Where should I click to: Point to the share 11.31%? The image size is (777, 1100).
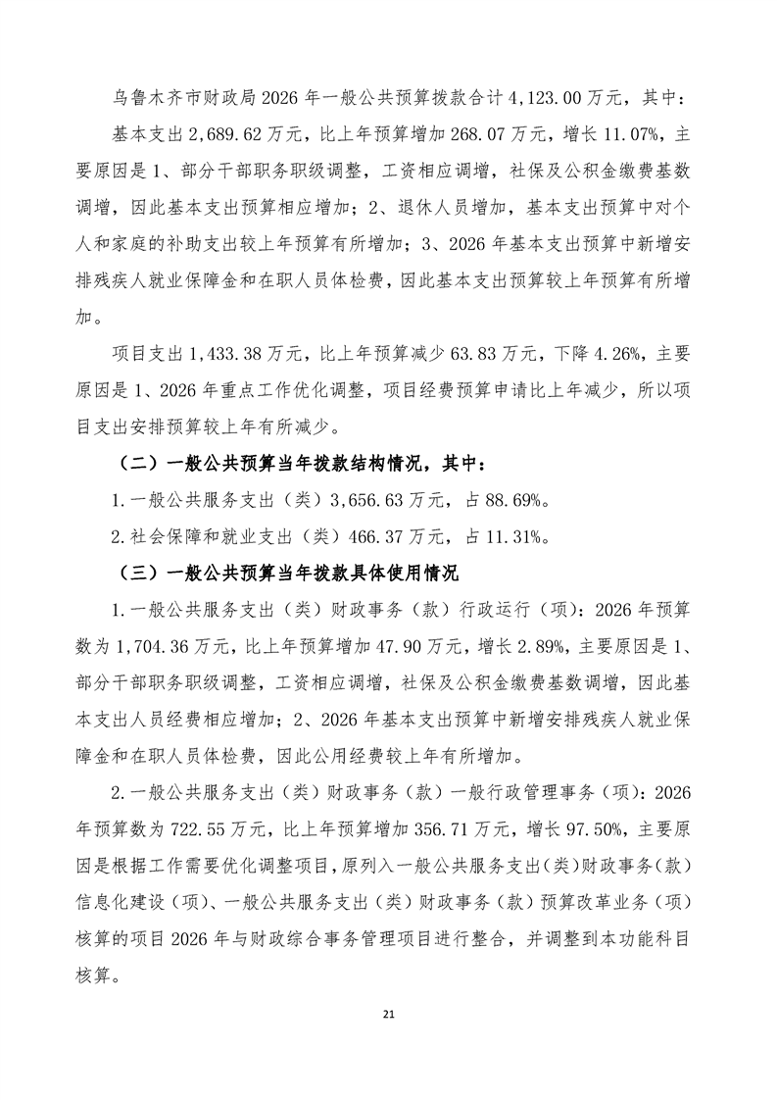click(510, 536)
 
